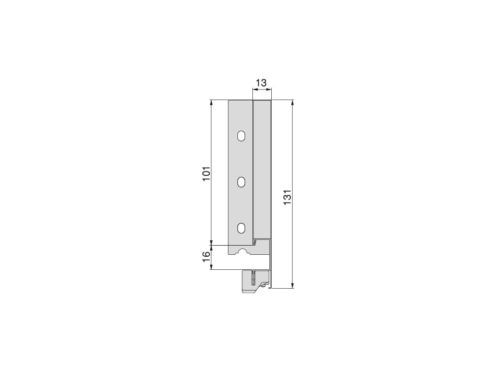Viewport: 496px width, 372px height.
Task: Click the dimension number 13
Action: (261, 83)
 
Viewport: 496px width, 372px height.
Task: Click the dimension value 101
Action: (206, 174)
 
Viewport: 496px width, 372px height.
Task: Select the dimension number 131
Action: (287, 197)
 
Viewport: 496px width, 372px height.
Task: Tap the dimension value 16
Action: (206, 257)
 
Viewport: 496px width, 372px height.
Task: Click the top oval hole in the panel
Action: (241, 137)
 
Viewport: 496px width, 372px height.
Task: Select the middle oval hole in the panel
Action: (241, 182)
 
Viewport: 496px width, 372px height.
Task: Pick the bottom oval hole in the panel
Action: (241, 228)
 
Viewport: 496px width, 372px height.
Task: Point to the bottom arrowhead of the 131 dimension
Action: (293, 285)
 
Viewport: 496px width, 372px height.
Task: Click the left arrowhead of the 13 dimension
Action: (254, 89)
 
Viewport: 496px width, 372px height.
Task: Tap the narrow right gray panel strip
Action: (262, 170)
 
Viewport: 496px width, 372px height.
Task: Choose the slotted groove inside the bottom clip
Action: (254, 279)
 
